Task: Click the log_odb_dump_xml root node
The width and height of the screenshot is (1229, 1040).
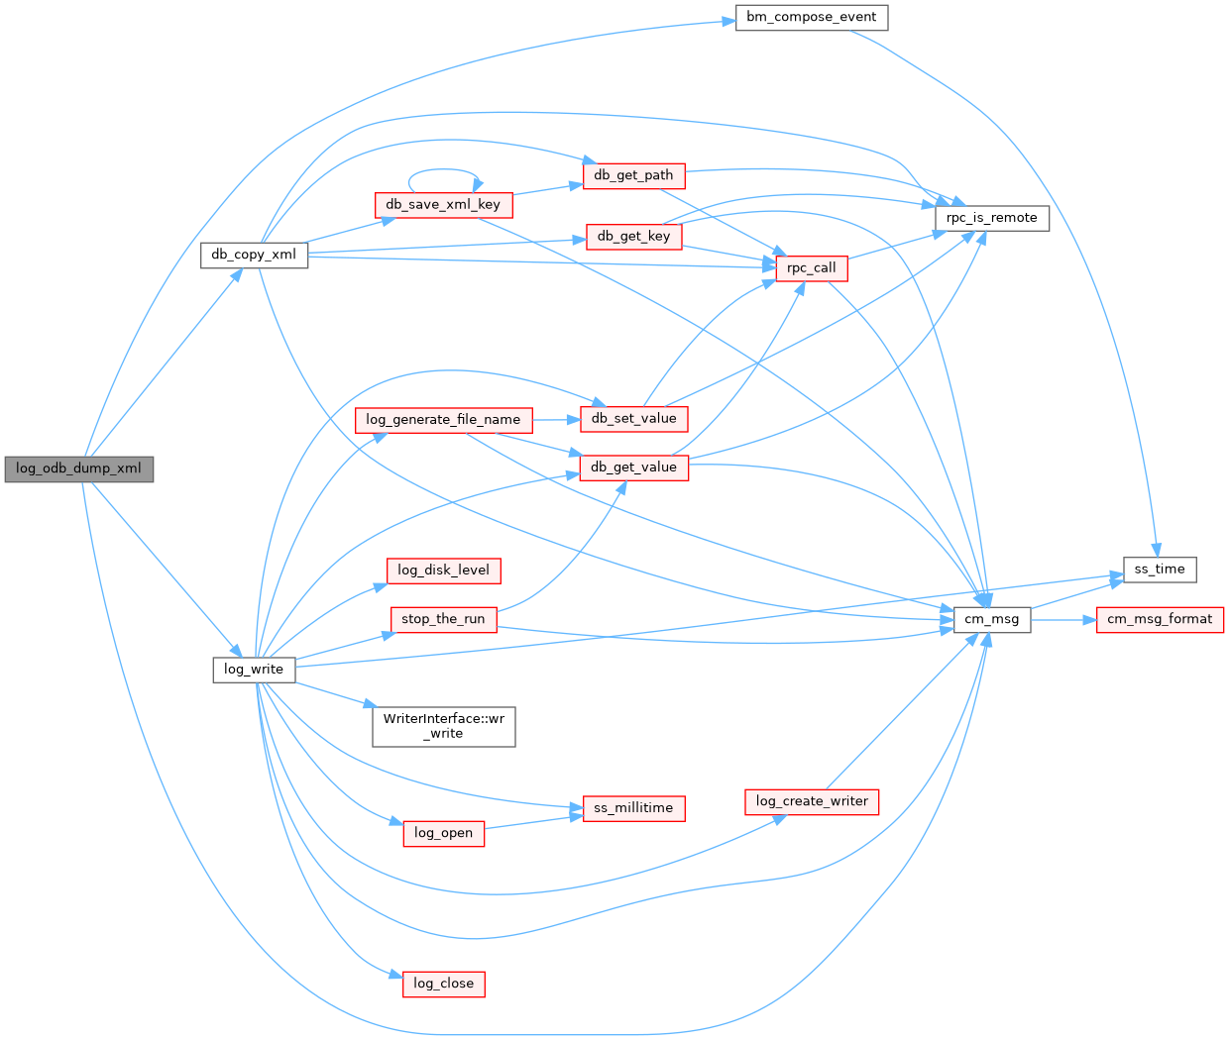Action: [x=78, y=468]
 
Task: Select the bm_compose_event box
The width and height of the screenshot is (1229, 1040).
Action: [x=811, y=18]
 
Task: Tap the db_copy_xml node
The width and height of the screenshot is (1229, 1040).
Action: [x=254, y=255]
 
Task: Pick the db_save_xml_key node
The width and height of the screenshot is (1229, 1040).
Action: [x=443, y=205]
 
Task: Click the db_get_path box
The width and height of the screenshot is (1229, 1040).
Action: [x=633, y=175]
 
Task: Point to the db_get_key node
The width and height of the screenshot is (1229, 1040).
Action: [x=633, y=236]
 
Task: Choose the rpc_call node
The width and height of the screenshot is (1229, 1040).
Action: [x=811, y=267]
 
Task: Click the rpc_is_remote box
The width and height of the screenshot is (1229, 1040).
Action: [x=991, y=218]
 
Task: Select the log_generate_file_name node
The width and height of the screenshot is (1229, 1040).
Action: [x=443, y=420]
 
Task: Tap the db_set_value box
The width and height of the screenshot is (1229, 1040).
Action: [x=633, y=418]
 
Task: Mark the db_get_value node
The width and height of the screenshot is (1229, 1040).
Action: [x=633, y=468]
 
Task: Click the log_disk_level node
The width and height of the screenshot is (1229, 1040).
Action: [x=443, y=571]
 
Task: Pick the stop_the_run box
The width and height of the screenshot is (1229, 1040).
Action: [x=443, y=619]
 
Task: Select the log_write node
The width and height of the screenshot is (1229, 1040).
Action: [x=254, y=670]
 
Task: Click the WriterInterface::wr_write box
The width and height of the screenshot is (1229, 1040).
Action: [x=443, y=726]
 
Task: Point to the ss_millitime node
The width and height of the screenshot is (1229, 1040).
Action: [x=633, y=808]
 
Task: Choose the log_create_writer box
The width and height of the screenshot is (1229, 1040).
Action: [x=811, y=801]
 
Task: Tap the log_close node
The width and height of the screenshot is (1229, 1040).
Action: [x=443, y=984]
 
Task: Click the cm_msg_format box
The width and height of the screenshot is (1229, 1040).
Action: [x=1159, y=619]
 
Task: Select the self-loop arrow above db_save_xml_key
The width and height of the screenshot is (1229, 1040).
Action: [x=443, y=170]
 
